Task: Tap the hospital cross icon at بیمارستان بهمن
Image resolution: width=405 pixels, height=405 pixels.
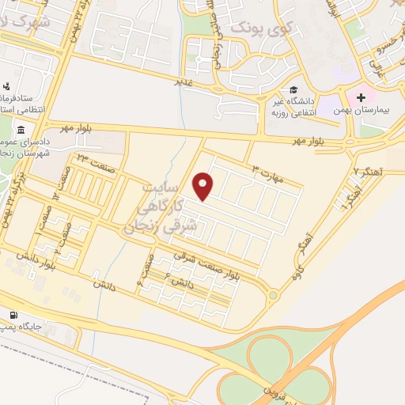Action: click(362, 98)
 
